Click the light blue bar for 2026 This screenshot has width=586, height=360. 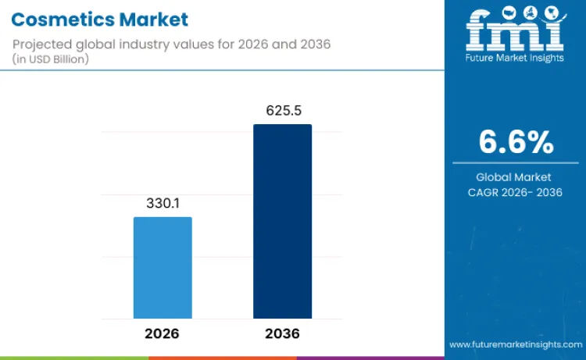pyautogui.click(x=163, y=267)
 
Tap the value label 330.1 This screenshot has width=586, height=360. pyautogui.click(x=163, y=203)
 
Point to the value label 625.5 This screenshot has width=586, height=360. pyautogui.click(x=282, y=112)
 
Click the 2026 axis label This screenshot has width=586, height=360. pyautogui.click(x=163, y=333)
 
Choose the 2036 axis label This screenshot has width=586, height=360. pyautogui.click(x=282, y=333)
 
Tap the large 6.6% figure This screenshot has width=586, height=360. pyautogui.click(x=516, y=143)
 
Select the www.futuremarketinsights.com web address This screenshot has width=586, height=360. pyautogui.click(x=516, y=344)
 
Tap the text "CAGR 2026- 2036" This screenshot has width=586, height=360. pyautogui.click(x=515, y=193)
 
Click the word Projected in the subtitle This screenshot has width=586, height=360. pyautogui.click(x=39, y=44)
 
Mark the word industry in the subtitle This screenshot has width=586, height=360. pyautogui.click(x=133, y=44)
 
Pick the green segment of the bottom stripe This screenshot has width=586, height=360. pyautogui.click(x=74, y=358)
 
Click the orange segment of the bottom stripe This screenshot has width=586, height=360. pyautogui.click(x=223, y=358)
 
